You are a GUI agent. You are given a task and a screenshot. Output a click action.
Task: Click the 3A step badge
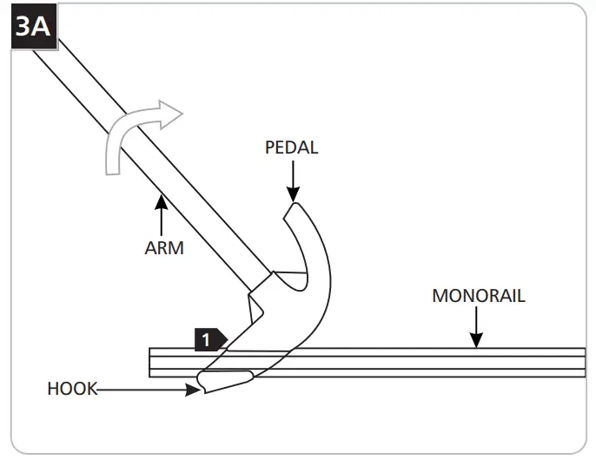click(x=32, y=28)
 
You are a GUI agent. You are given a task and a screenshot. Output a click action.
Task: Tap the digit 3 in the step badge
click(x=24, y=28)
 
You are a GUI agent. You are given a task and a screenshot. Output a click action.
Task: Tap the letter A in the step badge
click(x=41, y=28)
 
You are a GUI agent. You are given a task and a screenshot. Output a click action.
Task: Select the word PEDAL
click(x=291, y=148)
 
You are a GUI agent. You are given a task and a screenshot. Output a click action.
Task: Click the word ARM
click(x=164, y=248)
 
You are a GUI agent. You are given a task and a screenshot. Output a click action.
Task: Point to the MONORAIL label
click(x=478, y=296)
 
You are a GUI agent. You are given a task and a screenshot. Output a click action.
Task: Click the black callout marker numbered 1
click(x=209, y=338)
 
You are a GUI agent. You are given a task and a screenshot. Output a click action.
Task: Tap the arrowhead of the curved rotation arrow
click(x=171, y=114)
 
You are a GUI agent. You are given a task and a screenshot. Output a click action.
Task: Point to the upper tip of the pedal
click(x=294, y=206)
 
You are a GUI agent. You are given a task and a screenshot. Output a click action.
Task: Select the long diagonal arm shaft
click(x=148, y=156)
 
